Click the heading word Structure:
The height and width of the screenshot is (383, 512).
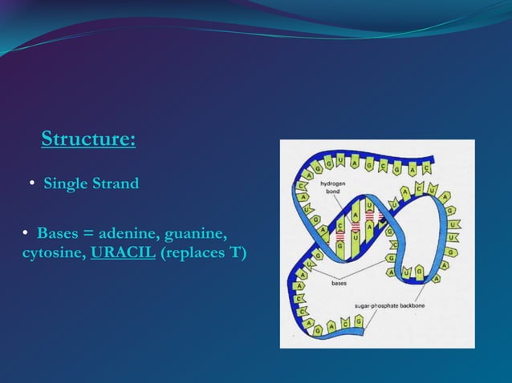tap(87, 139)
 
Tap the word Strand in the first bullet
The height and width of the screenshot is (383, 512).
tap(117, 183)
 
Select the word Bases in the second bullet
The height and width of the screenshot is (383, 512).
tap(58, 234)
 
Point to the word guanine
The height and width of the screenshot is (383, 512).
tap(197, 234)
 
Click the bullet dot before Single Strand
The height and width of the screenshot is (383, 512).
tap(32, 184)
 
